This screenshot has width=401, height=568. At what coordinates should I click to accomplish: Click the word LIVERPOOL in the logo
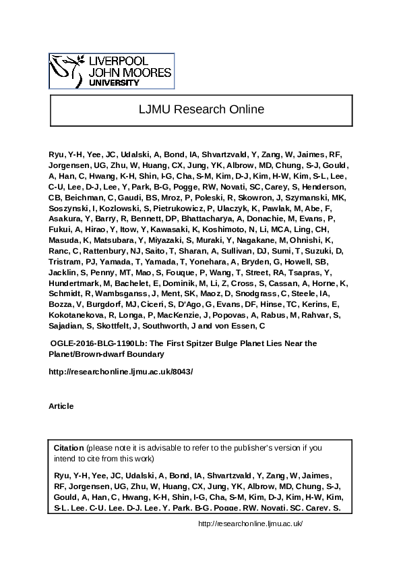coord(115,61)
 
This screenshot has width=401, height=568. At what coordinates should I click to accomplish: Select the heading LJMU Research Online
coord(201,109)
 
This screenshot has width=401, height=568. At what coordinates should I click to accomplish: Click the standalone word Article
coord(61,405)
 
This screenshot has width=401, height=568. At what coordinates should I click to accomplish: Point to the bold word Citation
coord(69,448)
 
